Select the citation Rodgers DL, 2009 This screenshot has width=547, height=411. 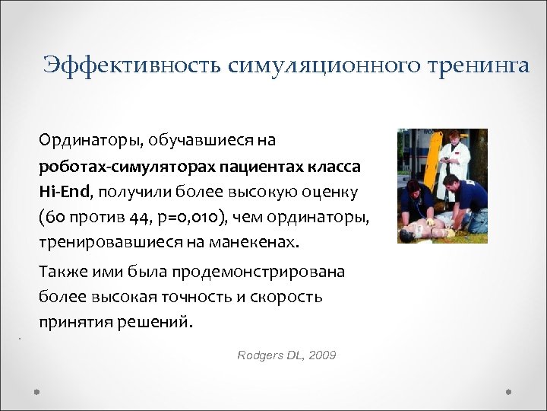point(286,355)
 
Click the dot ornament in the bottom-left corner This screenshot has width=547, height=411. point(36,391)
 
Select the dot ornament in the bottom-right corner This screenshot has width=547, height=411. point(509,391)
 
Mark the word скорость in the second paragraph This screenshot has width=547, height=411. point(289,296)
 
